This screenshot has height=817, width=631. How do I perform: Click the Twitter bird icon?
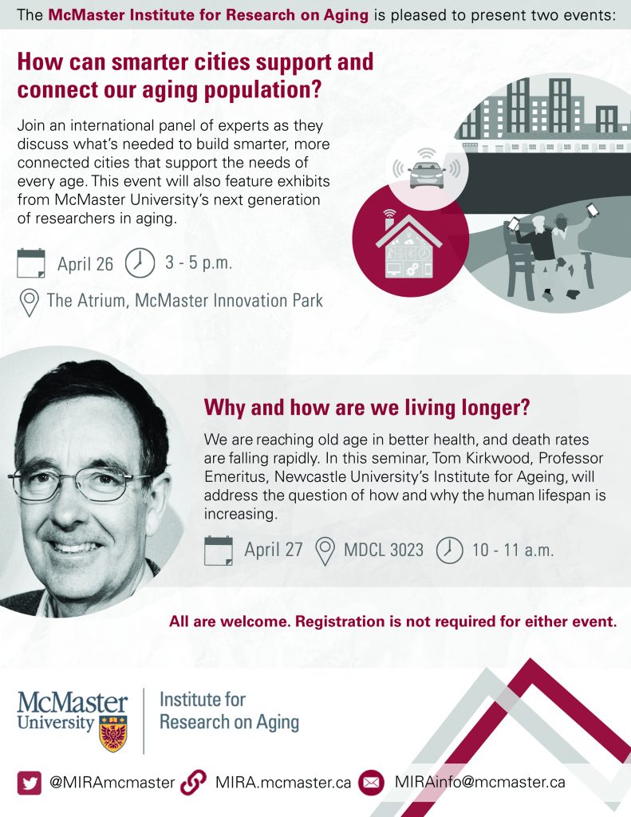(x=30, y=783)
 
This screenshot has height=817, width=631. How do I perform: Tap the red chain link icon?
(x=193, y=782)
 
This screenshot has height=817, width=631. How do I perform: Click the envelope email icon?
(x=371, y=783)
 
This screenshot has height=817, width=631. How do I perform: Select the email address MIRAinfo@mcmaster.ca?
(x=480, y=782)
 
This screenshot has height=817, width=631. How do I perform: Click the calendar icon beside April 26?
(x=31, y=263)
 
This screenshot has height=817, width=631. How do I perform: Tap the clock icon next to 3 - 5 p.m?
(x=140, y=262)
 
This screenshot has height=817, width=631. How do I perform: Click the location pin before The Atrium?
(x=30, y=302)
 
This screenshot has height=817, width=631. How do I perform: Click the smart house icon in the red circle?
(x=409, y=244)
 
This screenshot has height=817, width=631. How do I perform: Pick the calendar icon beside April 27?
(x=219, y=551)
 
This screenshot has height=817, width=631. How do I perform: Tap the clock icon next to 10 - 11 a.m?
(x=449, y=551)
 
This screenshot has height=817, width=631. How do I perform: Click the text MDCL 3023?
(x=384, y=551)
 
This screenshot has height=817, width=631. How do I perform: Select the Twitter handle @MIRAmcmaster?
(x=112, y=783)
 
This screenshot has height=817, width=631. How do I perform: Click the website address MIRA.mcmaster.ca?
(x=283, y=783)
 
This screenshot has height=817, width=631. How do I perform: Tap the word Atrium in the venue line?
(x=101, y=301)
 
